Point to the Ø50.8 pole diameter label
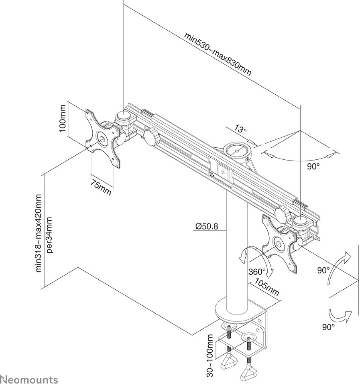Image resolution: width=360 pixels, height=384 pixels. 207,227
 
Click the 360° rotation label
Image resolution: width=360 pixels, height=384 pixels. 257,271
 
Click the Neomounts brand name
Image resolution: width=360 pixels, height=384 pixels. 29,379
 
